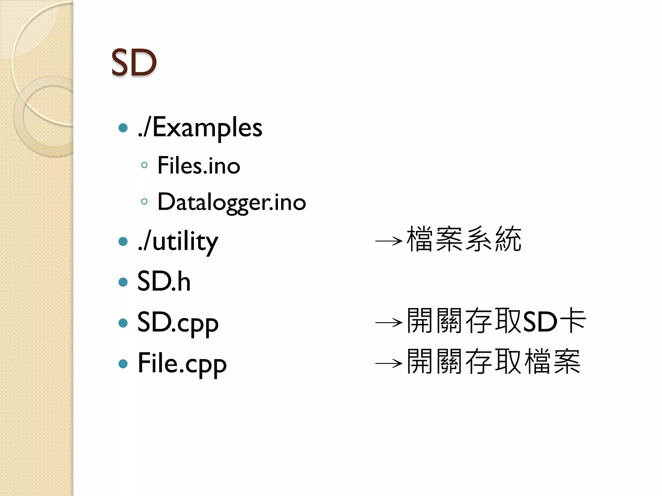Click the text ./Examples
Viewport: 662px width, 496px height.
point(200,128)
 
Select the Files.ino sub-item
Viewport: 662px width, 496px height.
point(199,165)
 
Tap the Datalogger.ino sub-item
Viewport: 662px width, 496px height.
point(231,202)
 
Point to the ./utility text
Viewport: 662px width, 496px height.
point(178,241)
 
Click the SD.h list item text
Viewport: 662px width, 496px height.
point(164,282)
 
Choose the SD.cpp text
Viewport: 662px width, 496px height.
point(178,323)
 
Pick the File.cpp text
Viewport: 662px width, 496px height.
point(182,364)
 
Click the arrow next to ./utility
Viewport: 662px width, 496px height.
point(389,241)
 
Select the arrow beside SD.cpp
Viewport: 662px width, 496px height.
point(389,322)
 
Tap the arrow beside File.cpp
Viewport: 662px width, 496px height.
point(389,363)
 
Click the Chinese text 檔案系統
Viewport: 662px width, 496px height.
point(464,239)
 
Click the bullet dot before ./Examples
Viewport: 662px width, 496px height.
point(123,128)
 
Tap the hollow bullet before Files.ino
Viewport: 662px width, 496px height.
point(144,165)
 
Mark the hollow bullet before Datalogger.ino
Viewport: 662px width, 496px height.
point(144,202)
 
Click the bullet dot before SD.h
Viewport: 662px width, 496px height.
point(123,282)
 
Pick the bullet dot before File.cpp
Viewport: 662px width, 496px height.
point(123,364)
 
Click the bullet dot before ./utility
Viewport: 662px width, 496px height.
point(123,241)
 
